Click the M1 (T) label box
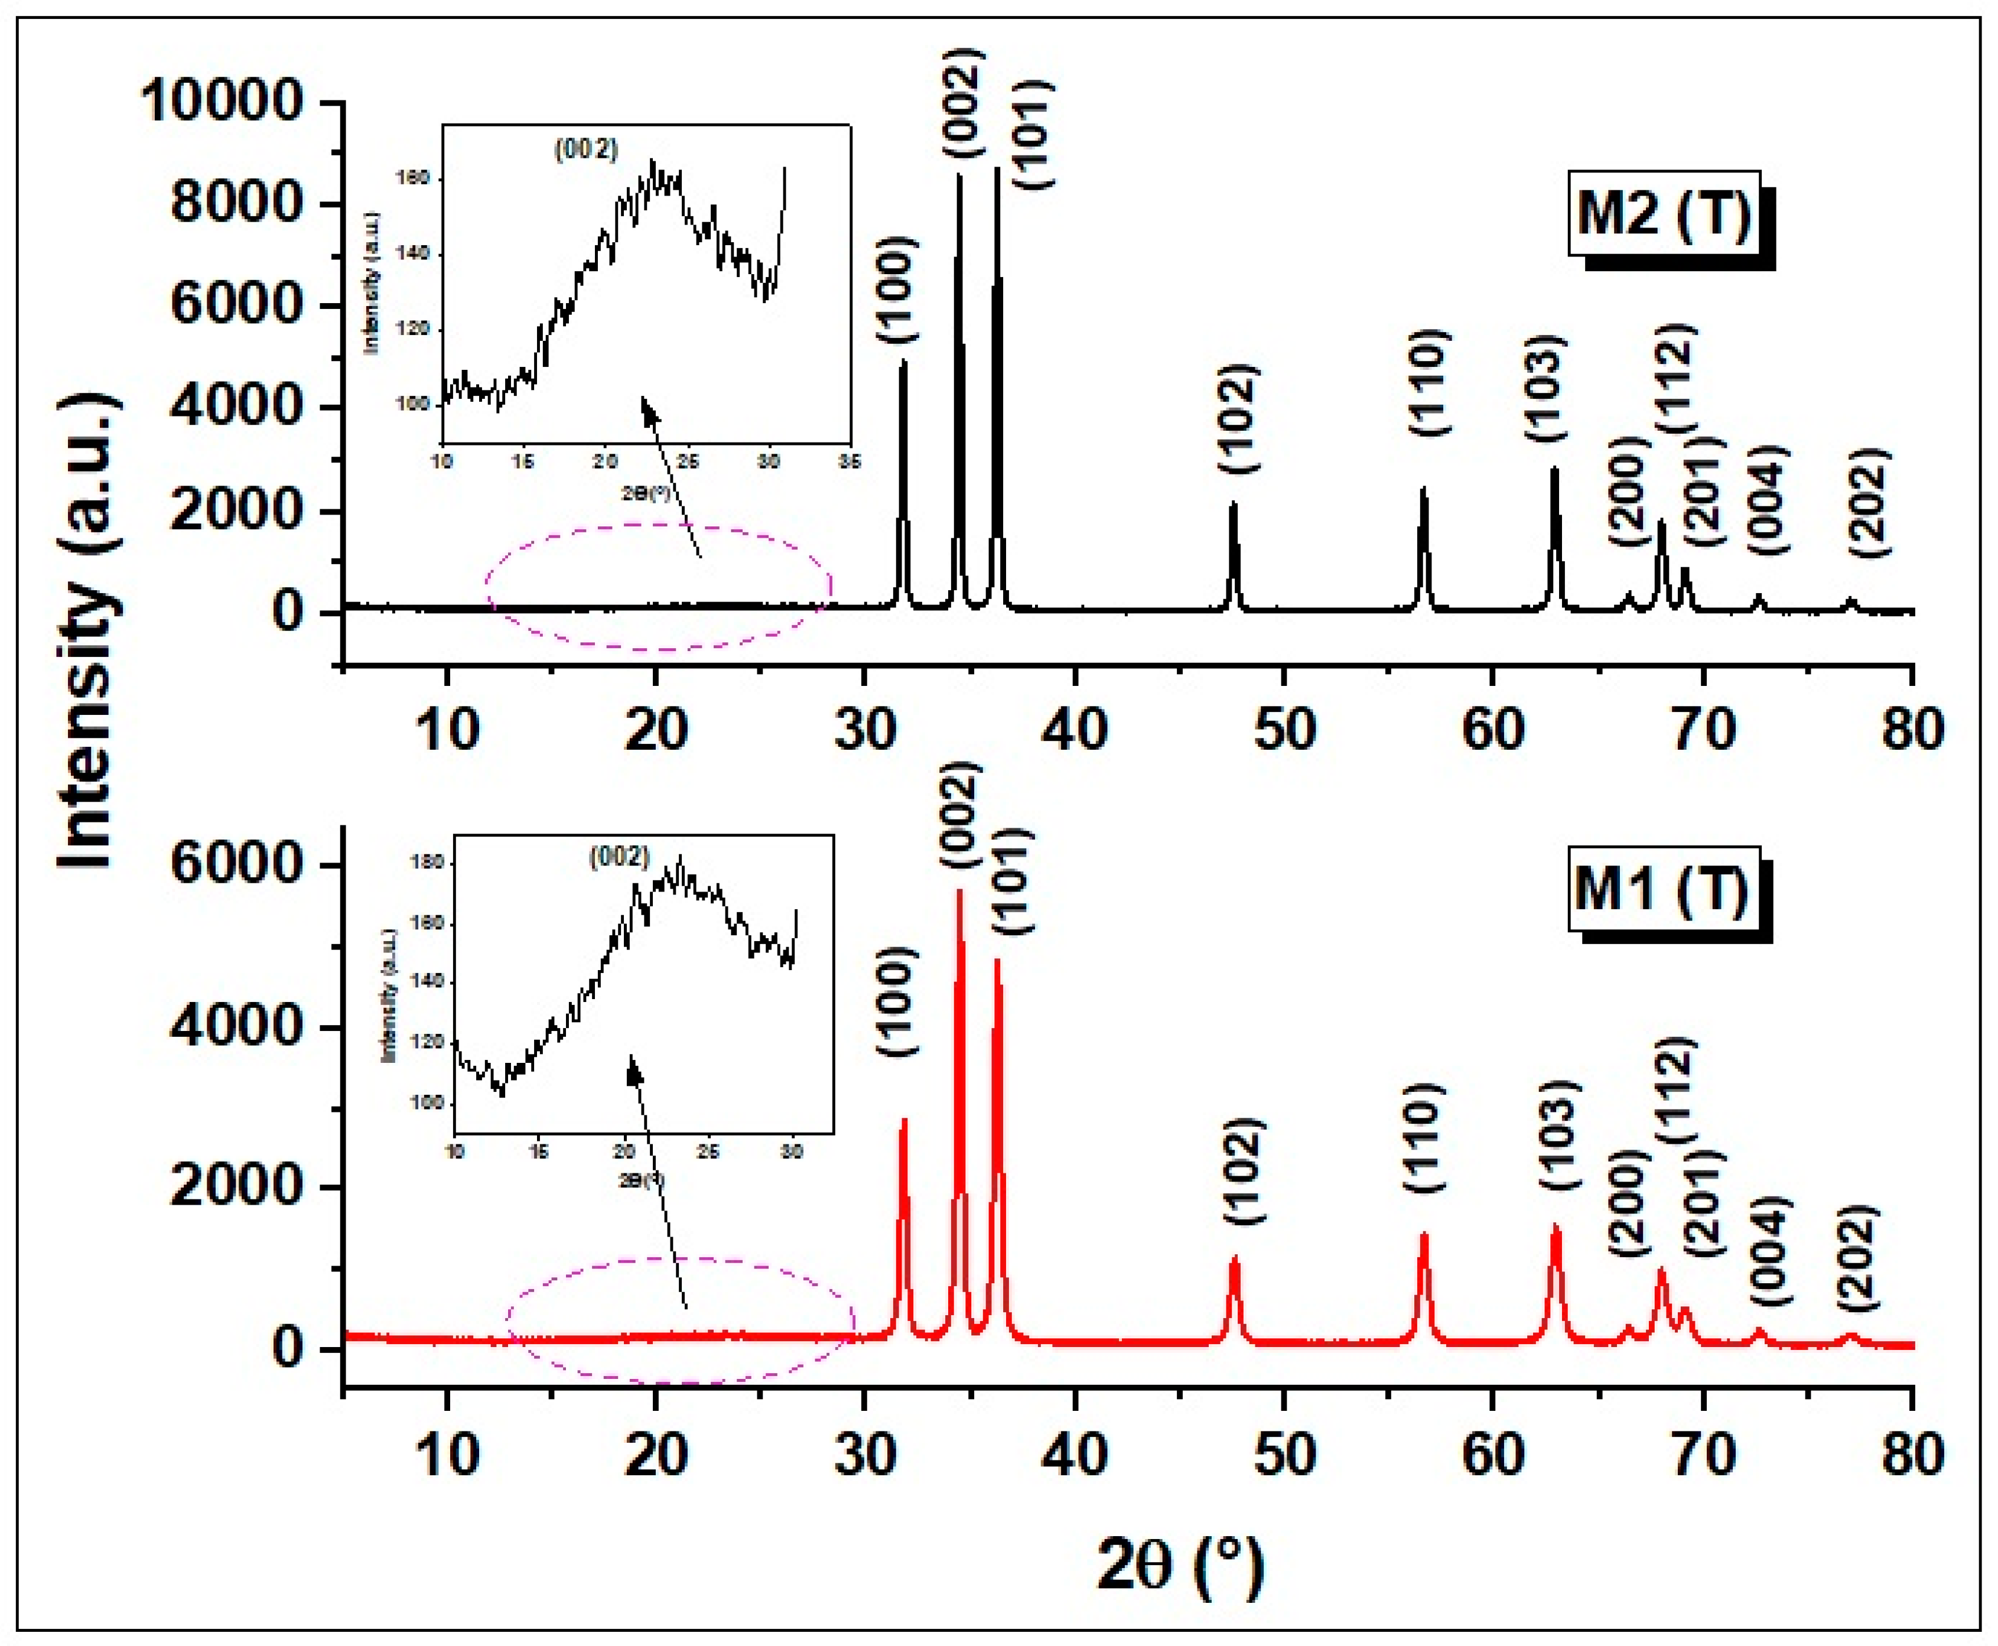coord(1661,889)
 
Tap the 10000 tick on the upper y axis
coord(223,100)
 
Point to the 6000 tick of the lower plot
coord(237,865)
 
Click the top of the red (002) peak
coord(959,892)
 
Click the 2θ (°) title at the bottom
coord(1180,1566)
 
